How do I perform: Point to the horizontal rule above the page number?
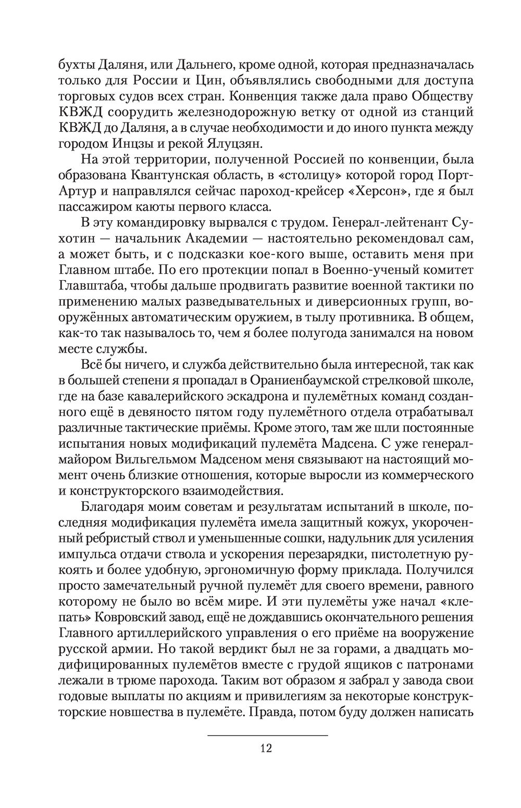click(x=268, y=735)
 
